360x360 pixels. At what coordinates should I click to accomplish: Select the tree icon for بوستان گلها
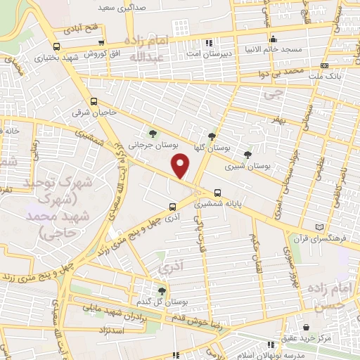point(212,136)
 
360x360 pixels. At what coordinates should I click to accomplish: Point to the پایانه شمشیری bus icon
point(217,191)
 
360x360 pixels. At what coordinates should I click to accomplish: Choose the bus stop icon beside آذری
point(172,206)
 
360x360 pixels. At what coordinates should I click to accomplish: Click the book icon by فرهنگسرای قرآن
point(322,227)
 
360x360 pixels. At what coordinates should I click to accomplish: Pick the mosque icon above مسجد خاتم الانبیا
point(273,39)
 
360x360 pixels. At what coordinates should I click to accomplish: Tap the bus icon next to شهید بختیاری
point(55,46)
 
